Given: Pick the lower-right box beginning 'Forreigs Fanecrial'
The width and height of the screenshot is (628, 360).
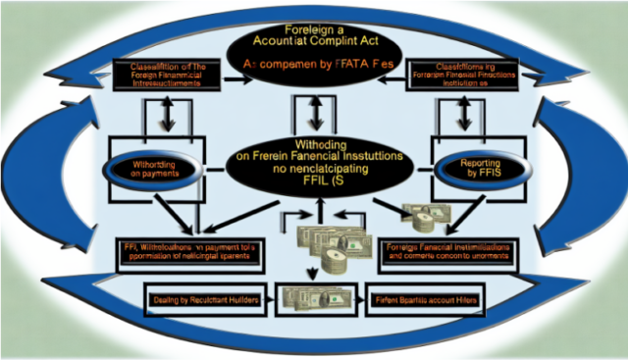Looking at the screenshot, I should pos(446,254).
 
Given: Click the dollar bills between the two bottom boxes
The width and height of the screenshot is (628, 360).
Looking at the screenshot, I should pos(312,298).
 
